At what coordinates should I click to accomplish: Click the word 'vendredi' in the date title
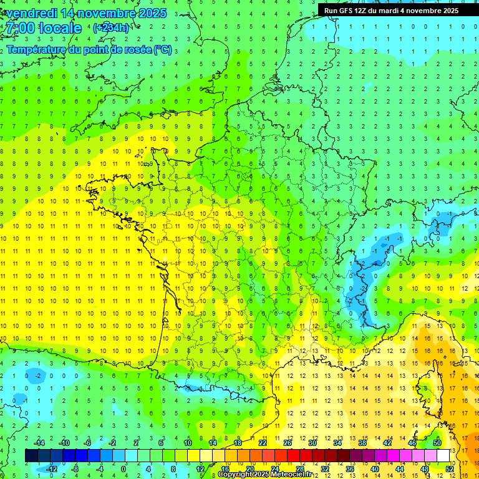(32, 13)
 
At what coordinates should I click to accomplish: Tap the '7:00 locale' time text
(43, 28)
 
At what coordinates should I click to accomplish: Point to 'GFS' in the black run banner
(347, 10)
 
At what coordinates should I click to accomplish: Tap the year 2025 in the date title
(151, 13)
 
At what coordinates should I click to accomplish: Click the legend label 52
(449, 469)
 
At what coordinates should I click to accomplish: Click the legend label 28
(299, 469)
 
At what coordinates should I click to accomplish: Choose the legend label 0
(123, 469)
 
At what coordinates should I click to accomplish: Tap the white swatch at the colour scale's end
(443, 456)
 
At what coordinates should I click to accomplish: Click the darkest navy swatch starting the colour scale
(31, 456)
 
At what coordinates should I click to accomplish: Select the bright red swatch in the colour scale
(293, 456)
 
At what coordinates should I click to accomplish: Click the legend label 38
(362, 443)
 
